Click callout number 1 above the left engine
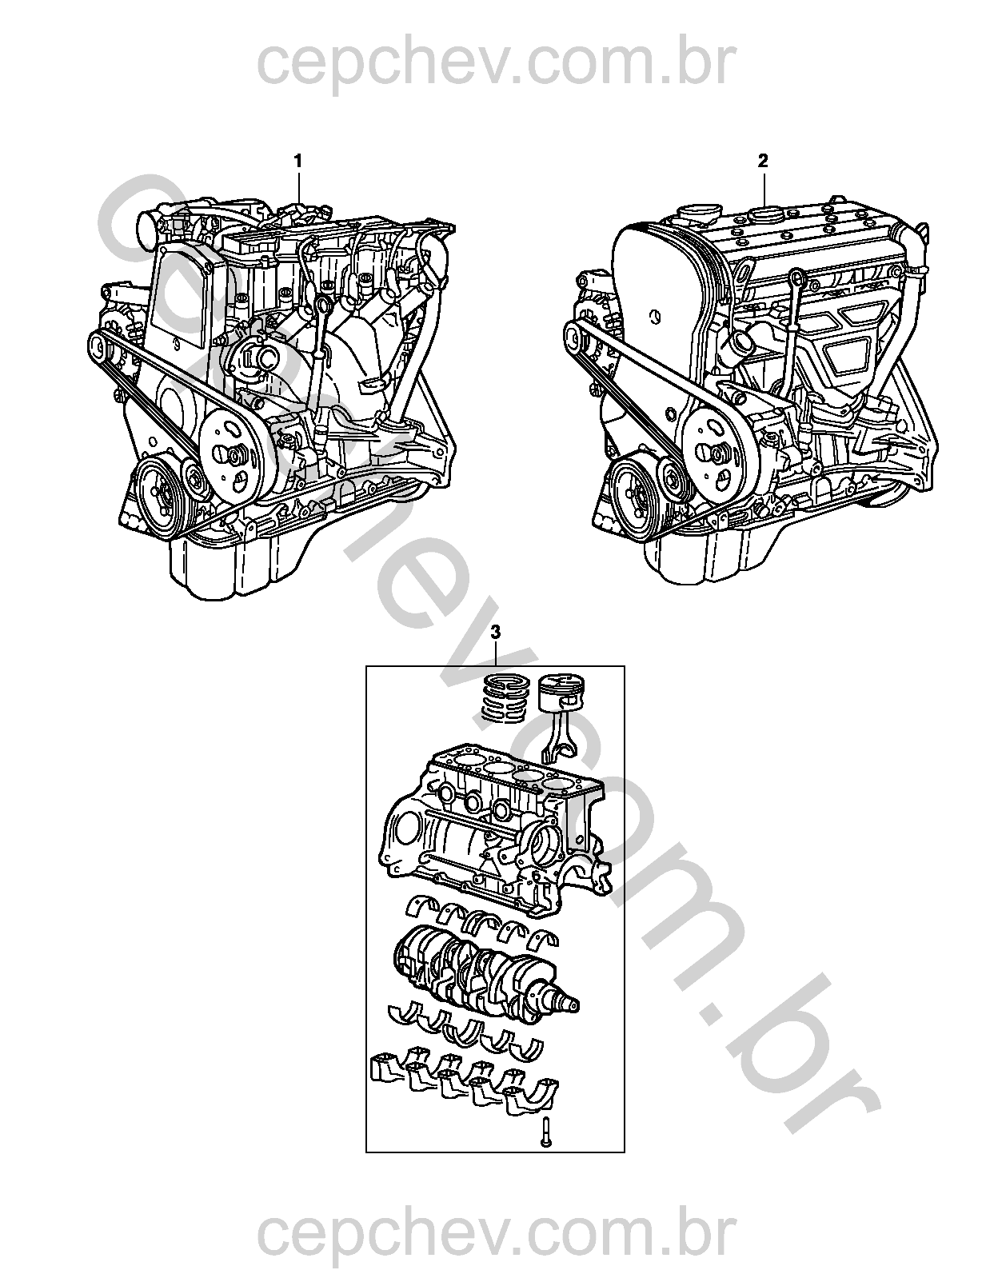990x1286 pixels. point(298,144)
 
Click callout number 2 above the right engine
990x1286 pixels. point(763,144)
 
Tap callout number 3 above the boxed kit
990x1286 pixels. point(497,633)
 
